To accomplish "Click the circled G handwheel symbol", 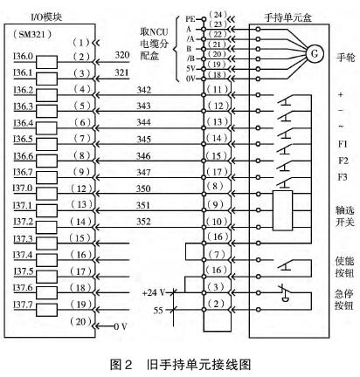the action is tap(315, 54).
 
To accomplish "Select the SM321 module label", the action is tap(32, 35).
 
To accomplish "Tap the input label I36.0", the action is tap(24, 56).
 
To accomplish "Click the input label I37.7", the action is tap(23, 305).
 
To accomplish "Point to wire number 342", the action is tap(144, 90).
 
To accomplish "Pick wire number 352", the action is tap(144, 222).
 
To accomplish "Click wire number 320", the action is tap(122, 55).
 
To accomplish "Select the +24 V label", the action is tap(154, 292).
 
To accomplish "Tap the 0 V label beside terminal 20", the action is tap(120, 326).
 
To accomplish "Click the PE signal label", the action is tap(190, 19).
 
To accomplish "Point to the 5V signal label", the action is tap(190, 69).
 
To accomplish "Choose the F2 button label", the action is tap(343, 161).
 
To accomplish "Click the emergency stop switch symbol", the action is tap(285, 293).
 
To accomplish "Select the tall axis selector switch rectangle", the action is tap(282, 210).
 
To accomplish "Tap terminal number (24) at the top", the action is tap(218, 15).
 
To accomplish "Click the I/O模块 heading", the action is tap(46, 17).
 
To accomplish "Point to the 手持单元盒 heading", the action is tap(287, 17).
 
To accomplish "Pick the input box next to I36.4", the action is tap(46, 128).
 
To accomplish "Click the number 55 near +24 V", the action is tap(158, 311).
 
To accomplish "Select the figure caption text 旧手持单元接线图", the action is tap(199, 365).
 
